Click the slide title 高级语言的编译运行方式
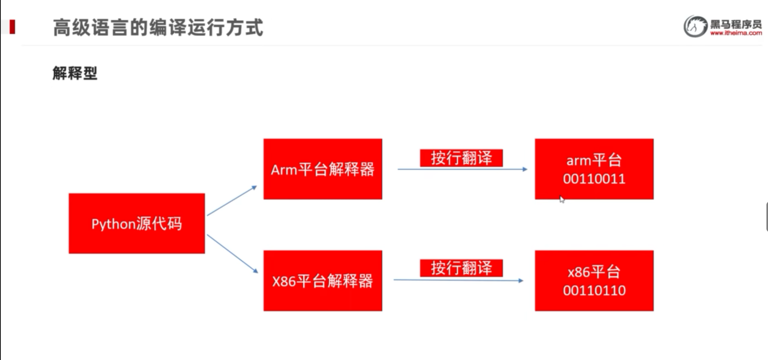click(x=158, y=28)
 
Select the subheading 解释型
click(x=75, y=73)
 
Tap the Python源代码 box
click(x=136, y=223)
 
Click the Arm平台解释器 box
click(x=322, y=169)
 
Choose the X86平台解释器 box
click(x=322, y=281)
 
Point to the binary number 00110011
click(x=594, y=179)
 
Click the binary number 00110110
click(x=594, y=291)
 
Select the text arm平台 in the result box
click(x=594, y=160)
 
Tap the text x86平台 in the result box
click(x=594, y=272)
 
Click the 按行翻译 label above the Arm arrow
click(x=461, y=158)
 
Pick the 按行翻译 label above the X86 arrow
click(x=461, y=268)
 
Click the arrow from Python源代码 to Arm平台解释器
click(x=232, y=201)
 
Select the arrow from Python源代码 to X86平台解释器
click(x=232, y=253)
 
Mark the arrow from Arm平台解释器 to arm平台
click(x=462, y=169)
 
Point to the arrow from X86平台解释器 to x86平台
click(x=458, y=280)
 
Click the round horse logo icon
click(x=695, y=27)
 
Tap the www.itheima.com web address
click(x=736, y=33)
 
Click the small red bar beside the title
click(x=12, y=27)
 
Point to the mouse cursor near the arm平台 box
click(x=562, y=199)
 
